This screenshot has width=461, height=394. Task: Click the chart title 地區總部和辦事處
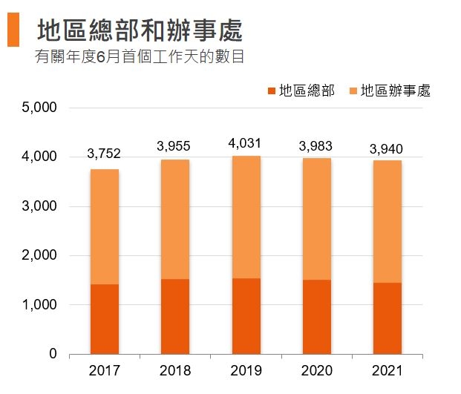click(140, 31)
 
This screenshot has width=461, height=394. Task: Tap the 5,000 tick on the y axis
click(40, 108)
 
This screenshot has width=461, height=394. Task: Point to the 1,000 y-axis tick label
click(40, 305)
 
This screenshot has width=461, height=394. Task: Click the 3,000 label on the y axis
click(40, 206)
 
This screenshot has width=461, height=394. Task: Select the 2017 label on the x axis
click(104, 370)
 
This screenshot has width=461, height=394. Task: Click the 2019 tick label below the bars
click(245, 370)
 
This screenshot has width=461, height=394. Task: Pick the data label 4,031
click(245, 142)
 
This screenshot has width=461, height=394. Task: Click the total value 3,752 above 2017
click(104, 154)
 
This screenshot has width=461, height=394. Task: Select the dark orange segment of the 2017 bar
click(104, 319)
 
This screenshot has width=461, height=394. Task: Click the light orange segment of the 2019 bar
click(245, 217)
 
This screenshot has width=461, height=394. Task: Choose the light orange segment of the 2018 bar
click(174, 219)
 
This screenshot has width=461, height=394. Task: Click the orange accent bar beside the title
click(13, 30)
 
